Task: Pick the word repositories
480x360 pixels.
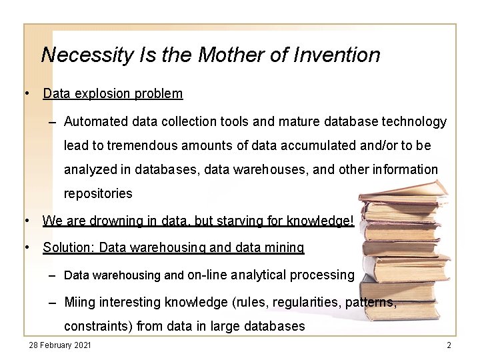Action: click(98, 194)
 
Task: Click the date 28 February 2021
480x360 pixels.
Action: click(60, 345)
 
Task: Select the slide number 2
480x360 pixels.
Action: click(449, 345)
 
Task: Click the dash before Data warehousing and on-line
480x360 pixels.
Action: click(53, 275)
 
